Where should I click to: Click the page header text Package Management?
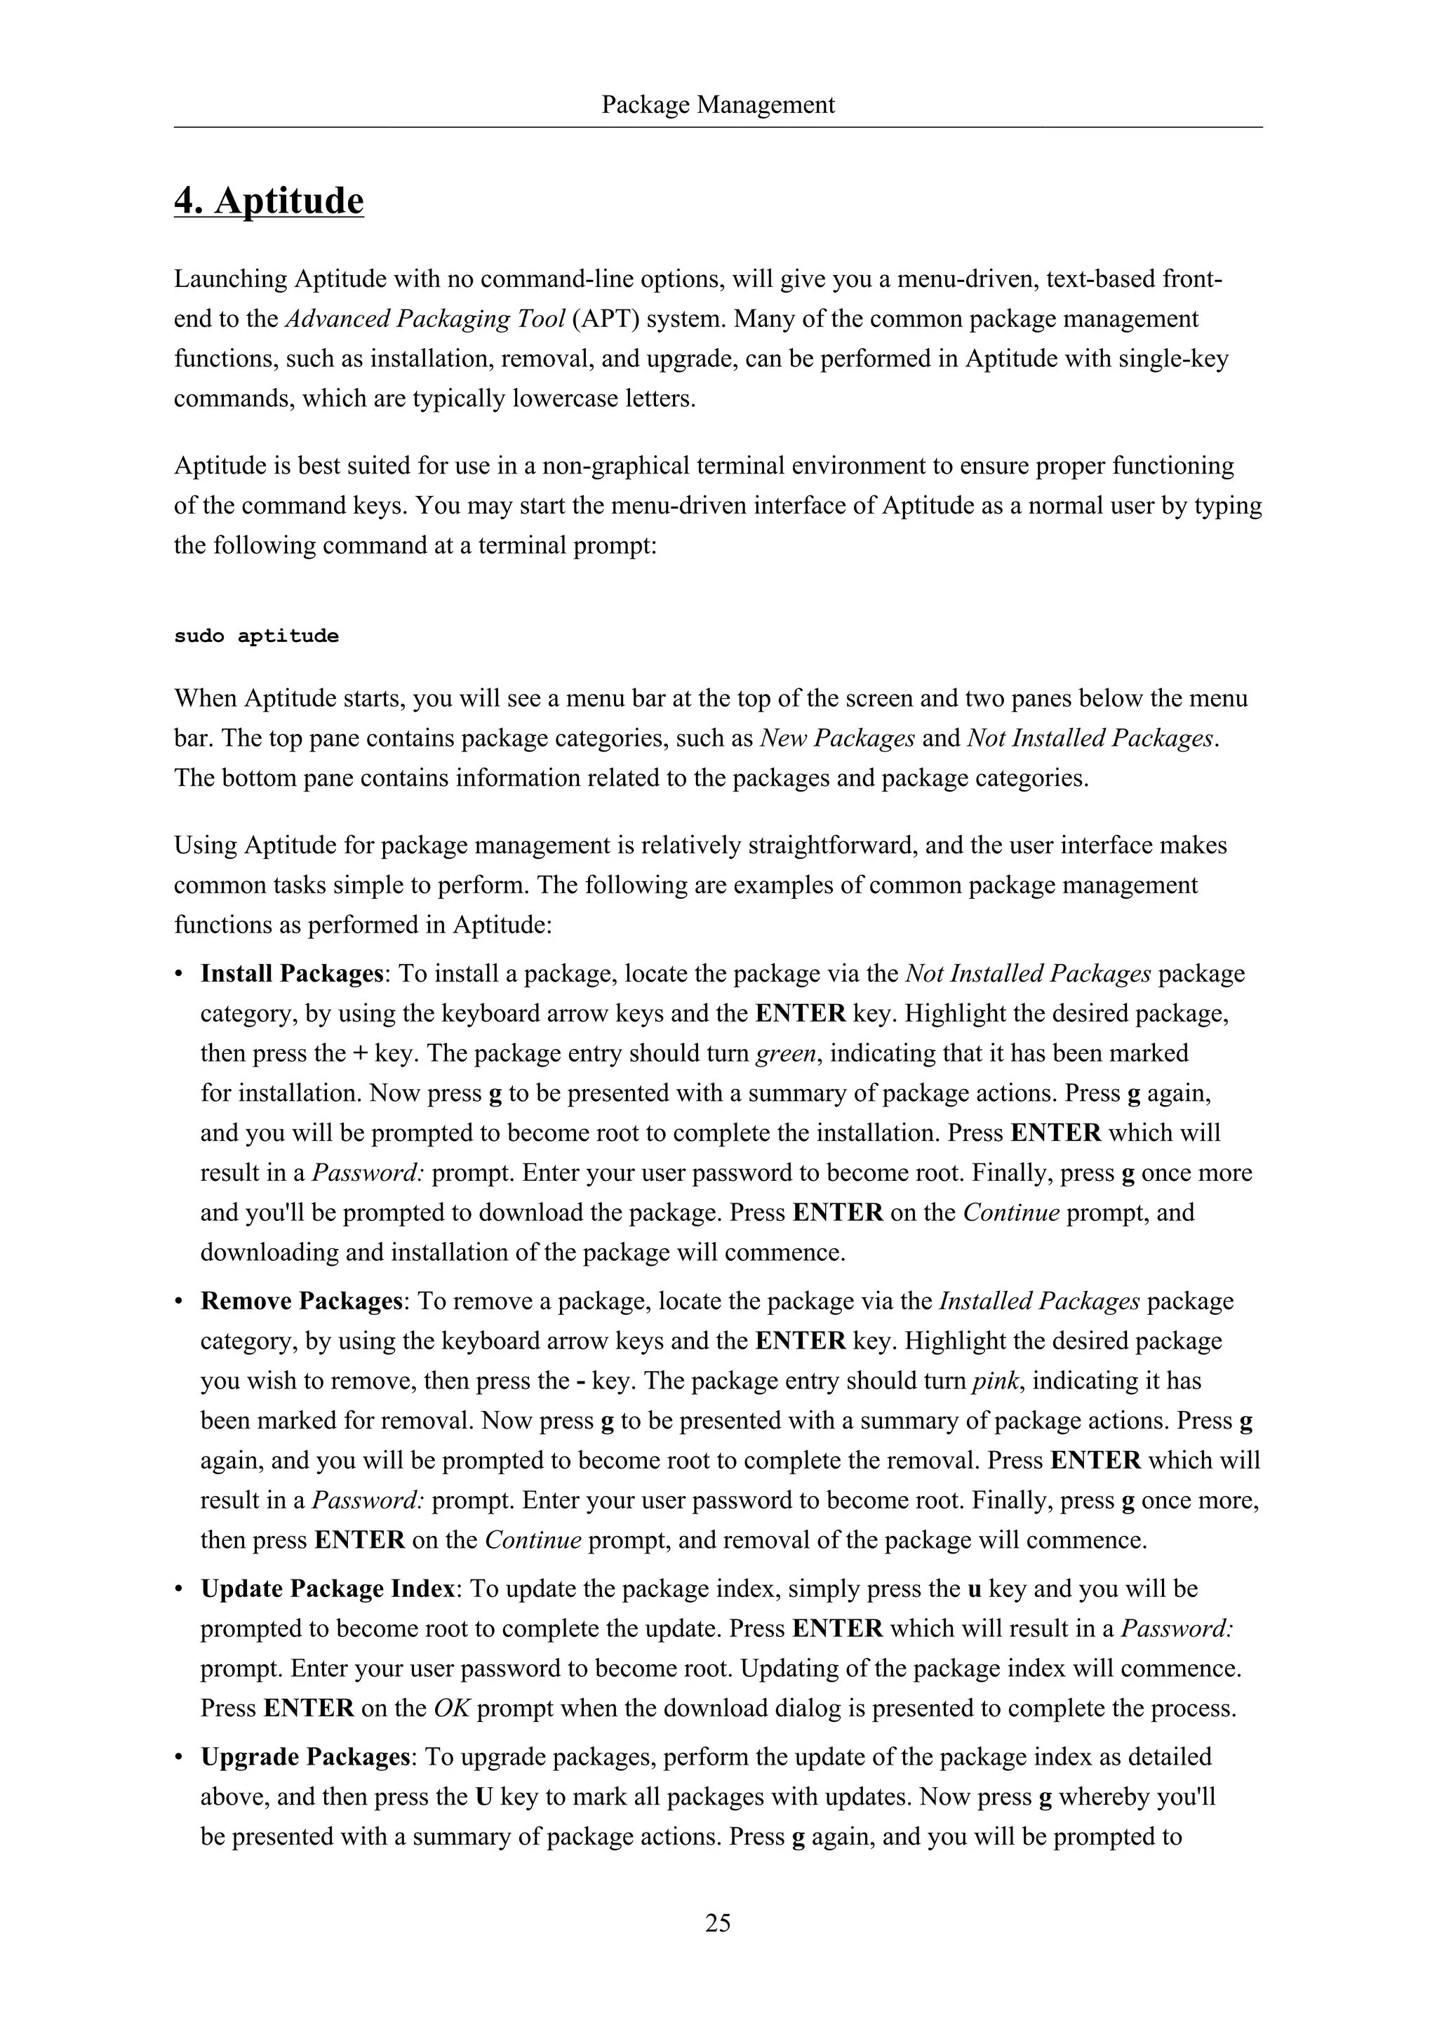pyautogui.click(x=718, y=105)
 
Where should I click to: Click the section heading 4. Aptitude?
pyautogui.click(x=269, y=201)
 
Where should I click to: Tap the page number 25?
pyautogui.click(x=718, y=1923)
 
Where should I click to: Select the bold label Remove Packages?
pyautogui.click(x=302, y=1301)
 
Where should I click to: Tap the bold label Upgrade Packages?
pyautogui.click(x=305, y=1757)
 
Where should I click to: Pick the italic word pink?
pyautogui.click(x=996, y=1381)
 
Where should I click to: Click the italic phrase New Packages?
pyautogui.click(x=837, y=738)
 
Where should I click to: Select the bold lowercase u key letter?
pyautogui.click(x=974, y=1589)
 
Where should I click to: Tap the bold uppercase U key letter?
pyautogui.click(x=484, y=1796)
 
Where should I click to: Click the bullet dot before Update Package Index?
pyautogui.click(x=179, y=1589)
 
